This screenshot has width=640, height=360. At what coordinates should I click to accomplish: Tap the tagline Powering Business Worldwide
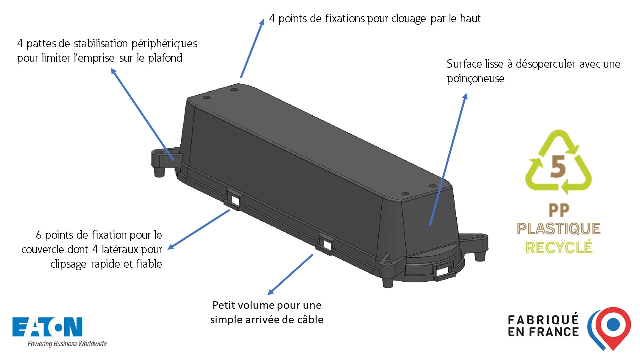(x=67, y=344)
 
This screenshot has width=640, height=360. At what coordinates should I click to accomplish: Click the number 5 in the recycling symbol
(x=558, y=166)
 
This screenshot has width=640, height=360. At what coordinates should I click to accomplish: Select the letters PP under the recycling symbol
(x=558, y=209)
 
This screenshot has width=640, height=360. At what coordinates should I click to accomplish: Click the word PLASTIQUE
(x=558, y=229)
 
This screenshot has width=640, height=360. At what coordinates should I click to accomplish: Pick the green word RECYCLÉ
(x=558, y=247)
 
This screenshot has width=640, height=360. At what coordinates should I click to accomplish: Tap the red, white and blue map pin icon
(x=609, y=327)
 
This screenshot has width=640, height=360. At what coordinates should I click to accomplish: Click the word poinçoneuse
(x=475, y=79)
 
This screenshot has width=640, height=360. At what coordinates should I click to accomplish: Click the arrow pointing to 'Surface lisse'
(x=448, y=159)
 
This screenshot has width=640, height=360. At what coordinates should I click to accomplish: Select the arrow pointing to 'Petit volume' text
(x=290, y=274)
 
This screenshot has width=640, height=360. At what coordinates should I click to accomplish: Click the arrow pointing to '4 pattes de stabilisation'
(x=142, y=114)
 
